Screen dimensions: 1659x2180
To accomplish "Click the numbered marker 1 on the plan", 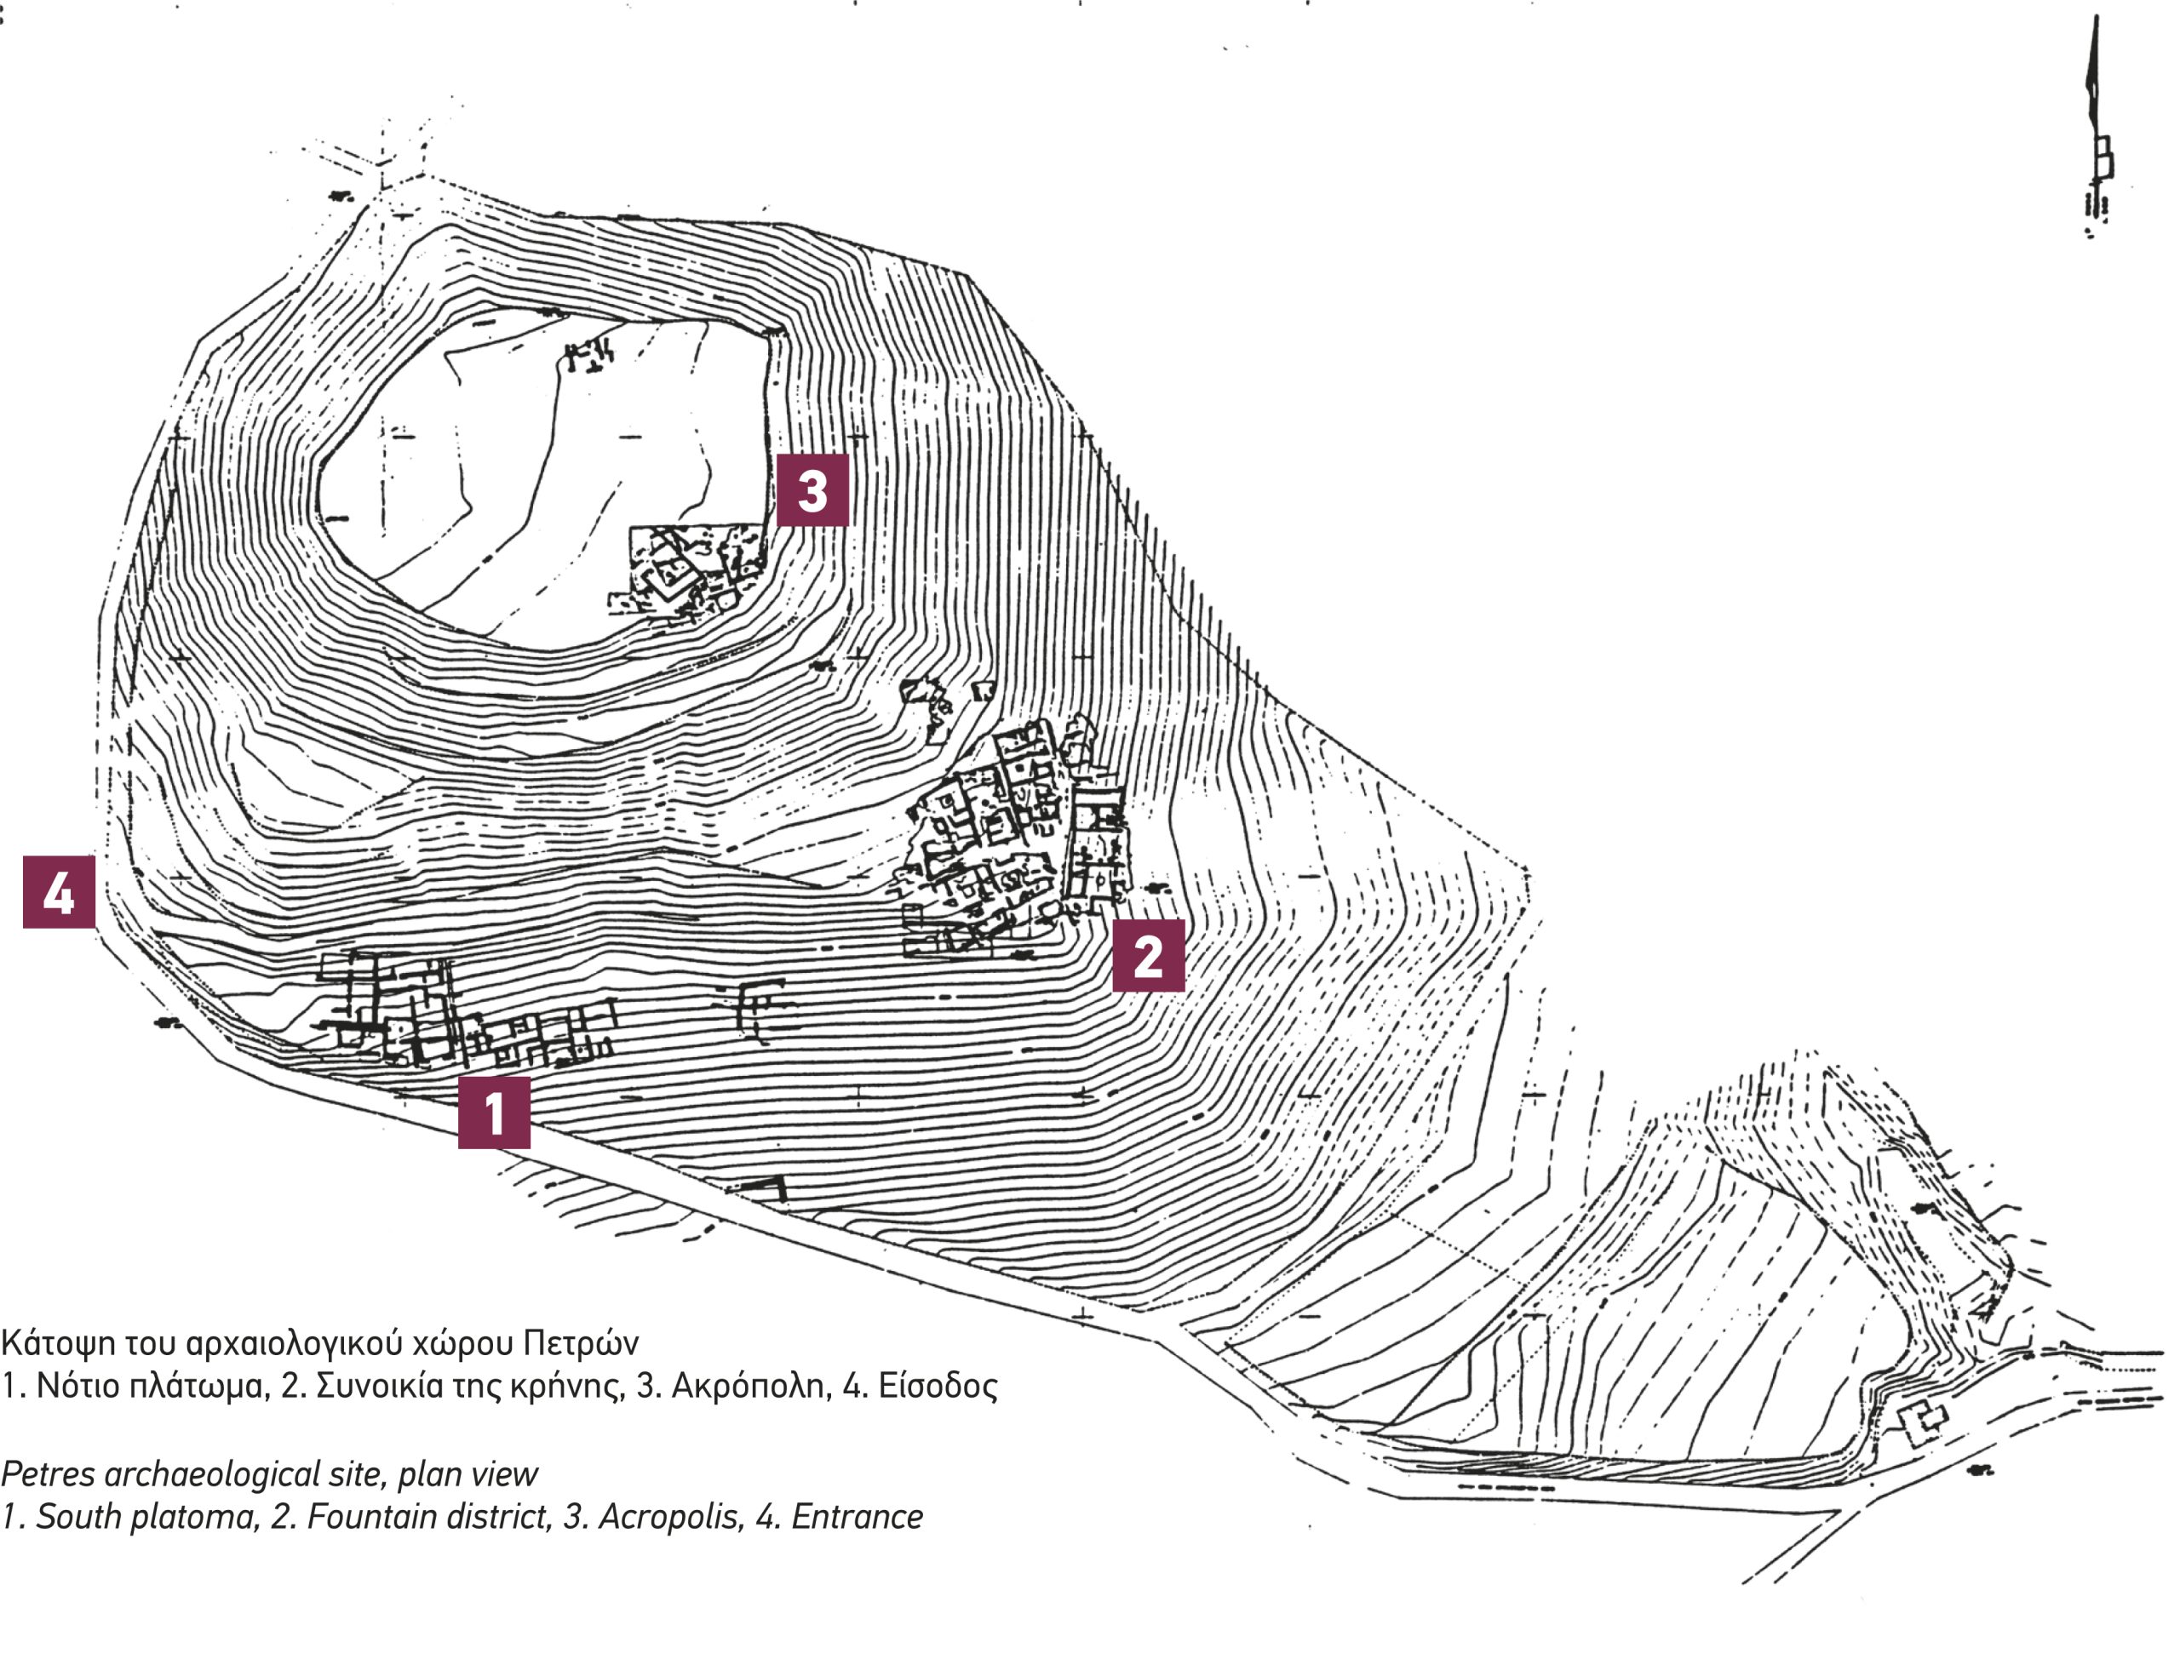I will tap(494, 1113).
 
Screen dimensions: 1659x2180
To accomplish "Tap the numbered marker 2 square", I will tap(1148, 956).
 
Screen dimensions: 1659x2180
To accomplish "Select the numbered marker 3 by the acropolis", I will tap(812, 489).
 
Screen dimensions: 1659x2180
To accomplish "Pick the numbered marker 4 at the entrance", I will tap(60, 892).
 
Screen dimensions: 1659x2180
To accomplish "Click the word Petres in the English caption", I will tap(49, 1474).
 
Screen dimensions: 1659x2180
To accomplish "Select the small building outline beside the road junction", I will tap(1922, 1423).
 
